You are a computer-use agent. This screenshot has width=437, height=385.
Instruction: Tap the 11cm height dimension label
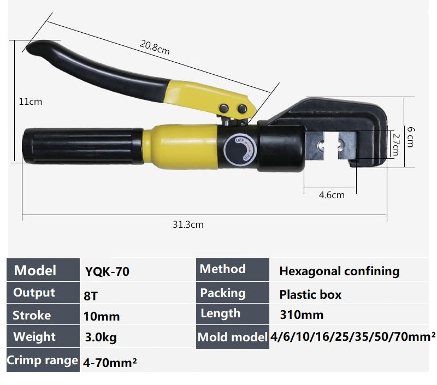(x=30, y=102)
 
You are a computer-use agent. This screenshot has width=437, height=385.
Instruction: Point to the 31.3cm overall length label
(x=188, y=224)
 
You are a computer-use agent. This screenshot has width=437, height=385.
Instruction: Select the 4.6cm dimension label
(x=332, y=194)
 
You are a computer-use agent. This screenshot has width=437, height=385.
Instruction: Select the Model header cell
(x=35, y=270)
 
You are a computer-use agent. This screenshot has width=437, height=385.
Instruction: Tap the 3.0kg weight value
(x=101, y=337)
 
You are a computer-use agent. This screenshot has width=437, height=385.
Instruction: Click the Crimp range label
(x=42, y=360)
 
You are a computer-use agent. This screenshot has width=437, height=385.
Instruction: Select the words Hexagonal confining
(x=339, y=271)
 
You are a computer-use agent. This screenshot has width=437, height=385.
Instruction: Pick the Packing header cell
(x=222, y=293)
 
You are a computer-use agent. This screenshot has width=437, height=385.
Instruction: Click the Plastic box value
(x=310, y=295)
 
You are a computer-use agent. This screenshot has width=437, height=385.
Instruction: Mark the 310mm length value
(x=301, y=315)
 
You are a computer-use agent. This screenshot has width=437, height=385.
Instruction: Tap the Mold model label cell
(x=232, y=337)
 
